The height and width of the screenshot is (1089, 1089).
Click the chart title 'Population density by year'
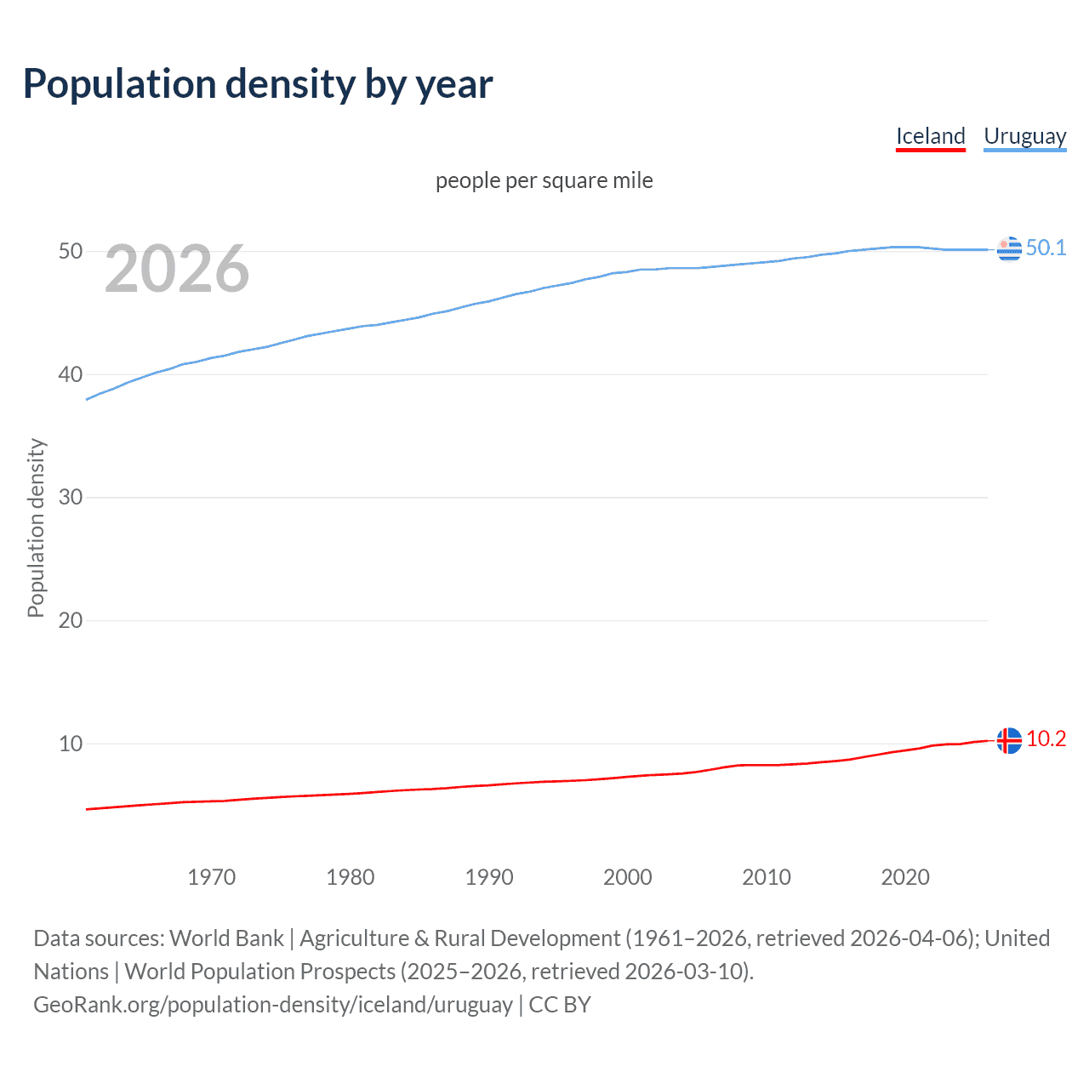(x=258, y=84)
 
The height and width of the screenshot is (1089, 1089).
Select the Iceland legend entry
(x=930, y=136)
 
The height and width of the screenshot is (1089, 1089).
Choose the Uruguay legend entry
(x=1024, y=136)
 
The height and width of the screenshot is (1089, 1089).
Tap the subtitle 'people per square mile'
(x=544, y=180)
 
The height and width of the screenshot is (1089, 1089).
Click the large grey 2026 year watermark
(x=177, y=269)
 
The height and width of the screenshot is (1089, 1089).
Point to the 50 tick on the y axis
(x=71, y=251)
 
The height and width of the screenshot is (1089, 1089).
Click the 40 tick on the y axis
(x=71, y=374)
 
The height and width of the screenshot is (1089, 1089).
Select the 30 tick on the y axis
(x=71, y=497)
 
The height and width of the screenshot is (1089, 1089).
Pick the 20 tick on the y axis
(x=71, y=620)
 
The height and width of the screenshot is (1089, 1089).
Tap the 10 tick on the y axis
(x=71, y=744)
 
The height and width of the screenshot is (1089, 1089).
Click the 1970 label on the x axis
(x=212, y=877)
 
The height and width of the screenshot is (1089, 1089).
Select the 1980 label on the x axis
(x=351, y=877)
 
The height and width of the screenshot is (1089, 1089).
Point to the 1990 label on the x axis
(x=489, y=877)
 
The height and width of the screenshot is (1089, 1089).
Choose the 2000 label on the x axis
(x=628, y=877)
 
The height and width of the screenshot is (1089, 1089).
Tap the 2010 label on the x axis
(x=767, y=877)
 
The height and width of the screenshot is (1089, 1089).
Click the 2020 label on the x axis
(x=905, y=877)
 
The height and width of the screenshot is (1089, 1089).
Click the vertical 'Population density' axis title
(x=36, y=527)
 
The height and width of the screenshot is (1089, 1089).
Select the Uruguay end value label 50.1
(x=1046, y=248)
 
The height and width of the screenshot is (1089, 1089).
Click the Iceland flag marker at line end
(x=1009, y=740)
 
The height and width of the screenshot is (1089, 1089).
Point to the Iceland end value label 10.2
(x=1046, y=738)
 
